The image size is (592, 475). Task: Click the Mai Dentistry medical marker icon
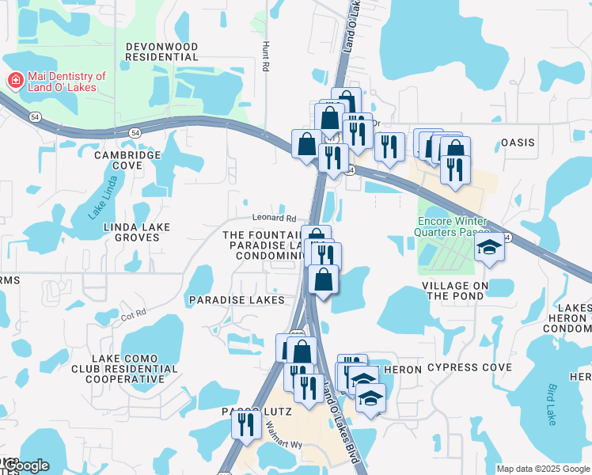coord(14,80)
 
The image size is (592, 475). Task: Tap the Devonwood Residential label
coord(161,52)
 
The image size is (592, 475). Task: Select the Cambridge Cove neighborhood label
coord(128,160)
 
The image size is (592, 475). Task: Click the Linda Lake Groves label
coord(137,232)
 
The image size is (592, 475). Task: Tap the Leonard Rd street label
coord(274,218)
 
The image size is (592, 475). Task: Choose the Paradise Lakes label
coord(236,300)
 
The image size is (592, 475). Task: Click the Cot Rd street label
coord(135,314)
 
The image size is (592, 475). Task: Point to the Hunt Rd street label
coord(266,58)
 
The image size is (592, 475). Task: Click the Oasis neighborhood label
coord(518,143)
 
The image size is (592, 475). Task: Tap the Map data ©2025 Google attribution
coord(543,469)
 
